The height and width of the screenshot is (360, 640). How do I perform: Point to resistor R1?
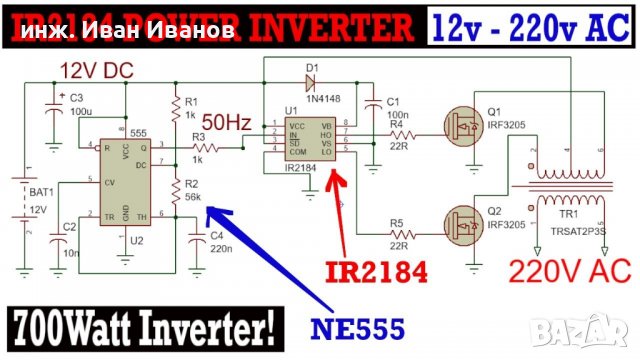coord(177,108)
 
